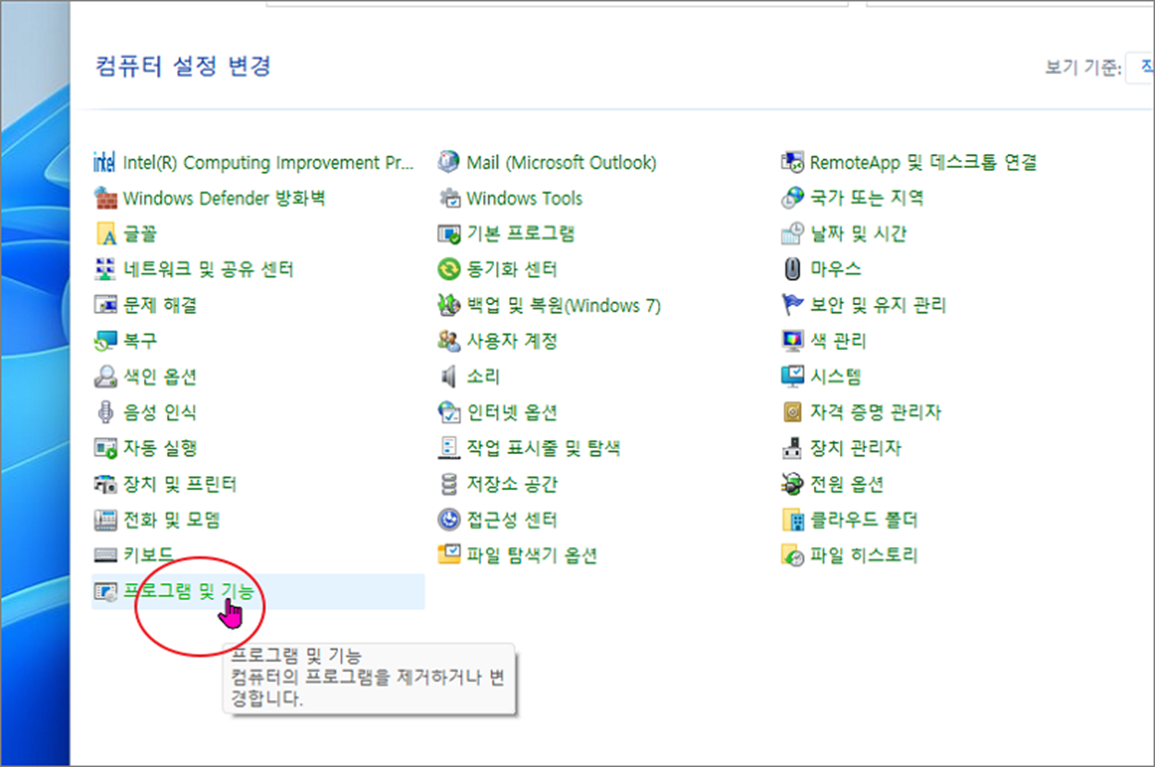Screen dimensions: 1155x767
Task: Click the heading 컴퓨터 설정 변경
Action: click(183, 67)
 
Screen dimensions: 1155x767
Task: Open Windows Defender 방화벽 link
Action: click(224, 198)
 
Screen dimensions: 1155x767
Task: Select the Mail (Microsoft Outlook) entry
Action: click(561, 163)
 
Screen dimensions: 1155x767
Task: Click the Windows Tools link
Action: click(524, 198)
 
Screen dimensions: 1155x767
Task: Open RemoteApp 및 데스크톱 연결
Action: click(922, 163)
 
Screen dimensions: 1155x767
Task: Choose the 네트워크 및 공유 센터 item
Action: click(208, 270)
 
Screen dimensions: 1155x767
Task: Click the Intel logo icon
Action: click(104, 163)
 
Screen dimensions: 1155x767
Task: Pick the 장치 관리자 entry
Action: click(855, 448)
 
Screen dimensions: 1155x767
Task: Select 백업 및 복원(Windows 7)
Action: click(563, 305)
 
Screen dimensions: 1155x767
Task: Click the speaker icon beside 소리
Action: click(449, 377)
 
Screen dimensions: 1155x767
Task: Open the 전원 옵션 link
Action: click(846, 484)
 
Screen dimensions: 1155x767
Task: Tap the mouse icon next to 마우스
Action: click(793, 270)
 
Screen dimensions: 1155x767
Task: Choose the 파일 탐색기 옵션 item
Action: click(531, 555)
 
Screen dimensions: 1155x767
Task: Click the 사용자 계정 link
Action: click(511, 341)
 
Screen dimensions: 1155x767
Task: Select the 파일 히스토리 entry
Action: click(863, 555)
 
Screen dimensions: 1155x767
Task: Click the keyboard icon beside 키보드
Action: click(105, 555)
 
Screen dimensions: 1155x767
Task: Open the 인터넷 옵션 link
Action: click(511, 412)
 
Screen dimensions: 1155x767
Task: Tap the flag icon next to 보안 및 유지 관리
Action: click(793, 305)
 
